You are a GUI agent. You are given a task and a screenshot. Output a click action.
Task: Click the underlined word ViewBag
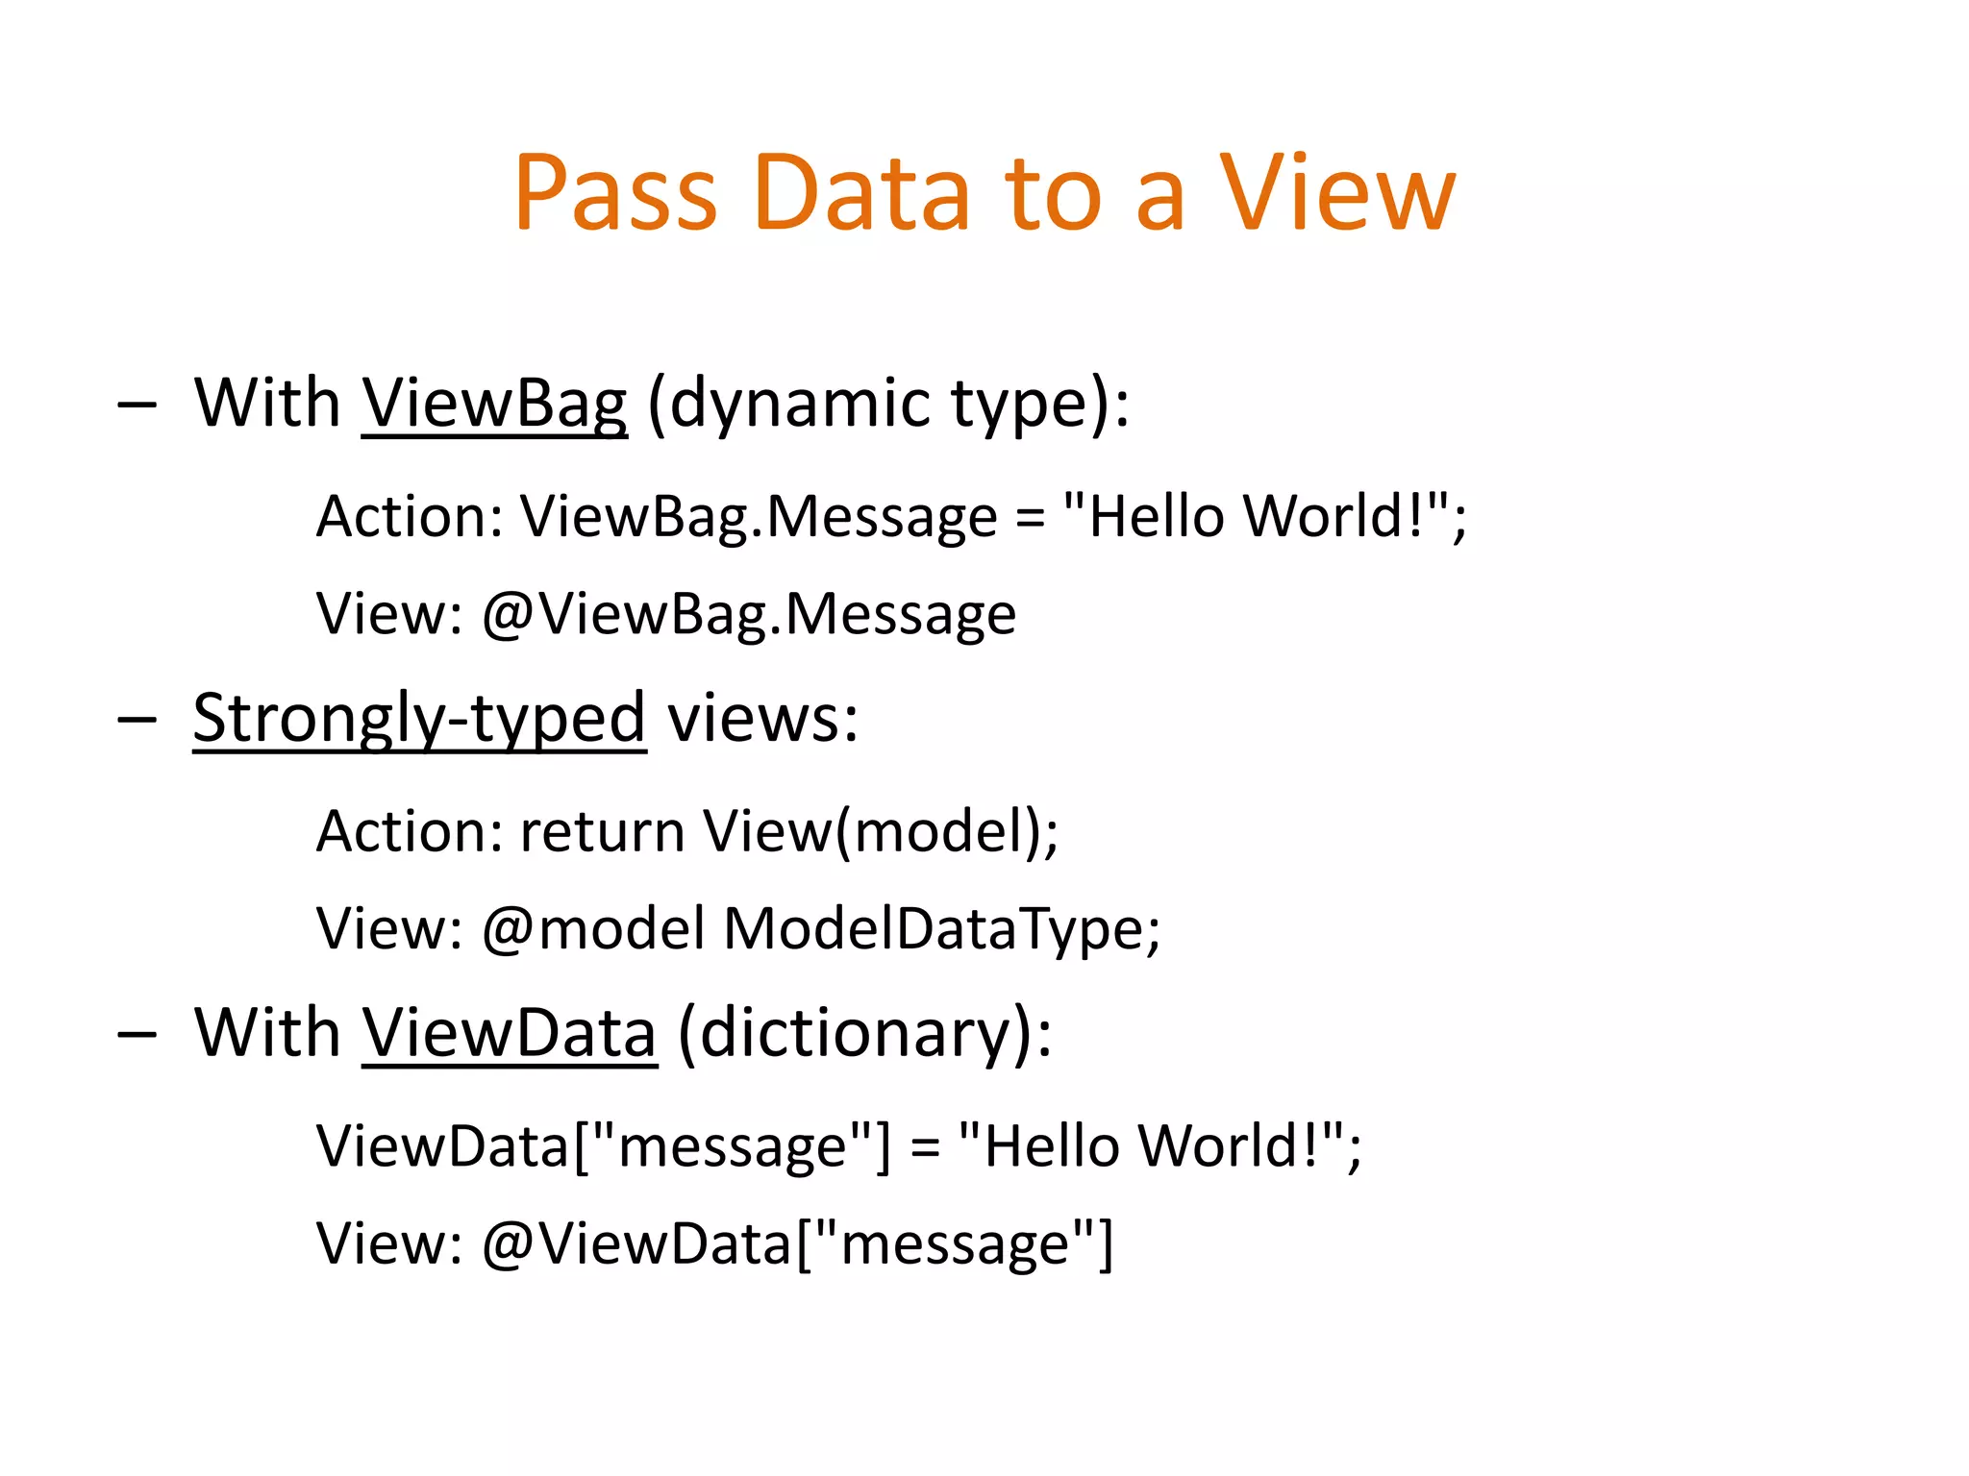coord(494,404)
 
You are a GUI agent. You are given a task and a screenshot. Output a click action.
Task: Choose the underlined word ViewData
coord(510,1034)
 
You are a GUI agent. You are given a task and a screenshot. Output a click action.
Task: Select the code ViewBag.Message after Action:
coord(759,517)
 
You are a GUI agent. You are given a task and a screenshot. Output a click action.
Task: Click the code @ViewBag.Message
coord(748,615)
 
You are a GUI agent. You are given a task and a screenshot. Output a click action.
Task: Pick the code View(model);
coord(880,831)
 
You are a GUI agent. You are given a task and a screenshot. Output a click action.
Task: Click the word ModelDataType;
coord(942,929)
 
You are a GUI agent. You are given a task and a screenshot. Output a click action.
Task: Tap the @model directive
coord(593,929)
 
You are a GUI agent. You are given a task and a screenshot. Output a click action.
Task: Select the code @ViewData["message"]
coord(796,1243)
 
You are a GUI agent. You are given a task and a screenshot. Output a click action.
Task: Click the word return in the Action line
coord(602,831)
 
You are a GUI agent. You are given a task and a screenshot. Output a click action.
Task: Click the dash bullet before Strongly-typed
coord(137,721)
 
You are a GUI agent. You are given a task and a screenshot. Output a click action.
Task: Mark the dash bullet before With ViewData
coord(137,1036)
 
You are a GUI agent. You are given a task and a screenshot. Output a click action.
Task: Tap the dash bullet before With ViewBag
coord(137,406)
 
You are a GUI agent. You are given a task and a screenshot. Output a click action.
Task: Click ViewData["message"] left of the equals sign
coord(604,1146)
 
